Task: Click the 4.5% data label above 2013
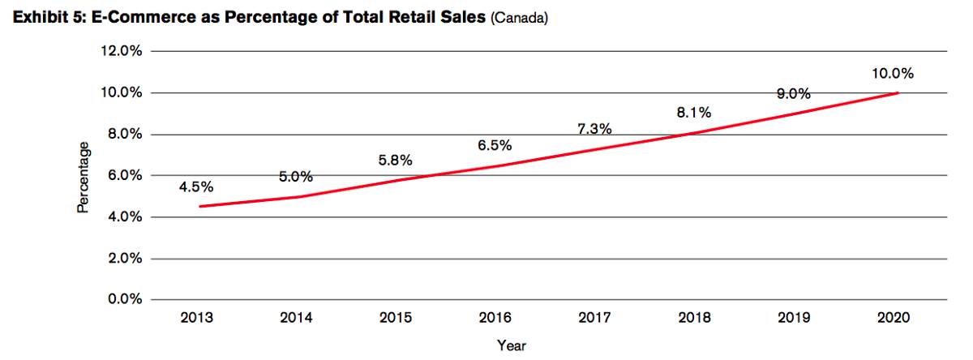pos(196,187)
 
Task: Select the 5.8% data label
pos(395,161)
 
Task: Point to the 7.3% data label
pos(594,129)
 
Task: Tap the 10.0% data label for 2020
pos(893,74)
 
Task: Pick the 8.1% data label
pos(694,114)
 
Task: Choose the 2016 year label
pos(495,317)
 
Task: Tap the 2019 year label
pos(794,317)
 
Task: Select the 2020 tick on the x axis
pos(893,317)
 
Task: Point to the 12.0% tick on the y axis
pos(121,51)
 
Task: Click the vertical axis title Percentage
pos(83,178)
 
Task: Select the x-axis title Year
pos(512,345)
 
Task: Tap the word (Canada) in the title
pos(520,18)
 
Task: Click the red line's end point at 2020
pos(898,93)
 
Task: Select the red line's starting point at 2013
pos(199,207)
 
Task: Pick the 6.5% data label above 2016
pos(495,146)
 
